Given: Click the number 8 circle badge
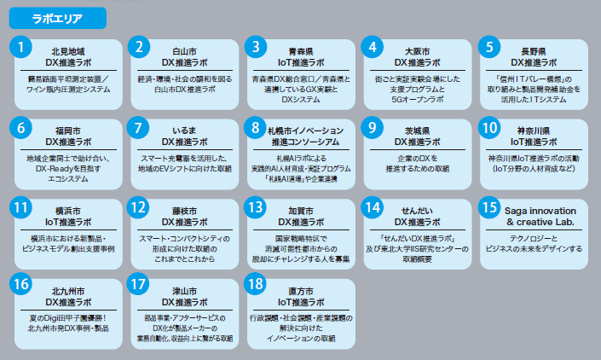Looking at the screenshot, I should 257,128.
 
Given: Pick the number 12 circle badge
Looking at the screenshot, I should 141,207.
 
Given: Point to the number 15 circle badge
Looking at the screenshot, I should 488,207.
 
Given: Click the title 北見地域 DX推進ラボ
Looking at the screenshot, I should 68,57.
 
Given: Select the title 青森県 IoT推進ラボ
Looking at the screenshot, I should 299,57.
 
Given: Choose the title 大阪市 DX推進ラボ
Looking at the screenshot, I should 415,57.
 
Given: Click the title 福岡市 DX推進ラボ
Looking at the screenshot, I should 68,136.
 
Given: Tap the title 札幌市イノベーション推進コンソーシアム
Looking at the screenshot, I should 299,136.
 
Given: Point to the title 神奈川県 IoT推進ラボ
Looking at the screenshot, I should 531,136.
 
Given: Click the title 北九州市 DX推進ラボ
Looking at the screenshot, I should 68,295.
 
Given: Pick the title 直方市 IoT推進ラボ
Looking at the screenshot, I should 299,295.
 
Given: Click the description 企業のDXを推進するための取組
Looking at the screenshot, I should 415,164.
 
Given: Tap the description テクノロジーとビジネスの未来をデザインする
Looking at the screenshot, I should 531,243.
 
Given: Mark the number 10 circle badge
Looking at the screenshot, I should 488,128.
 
